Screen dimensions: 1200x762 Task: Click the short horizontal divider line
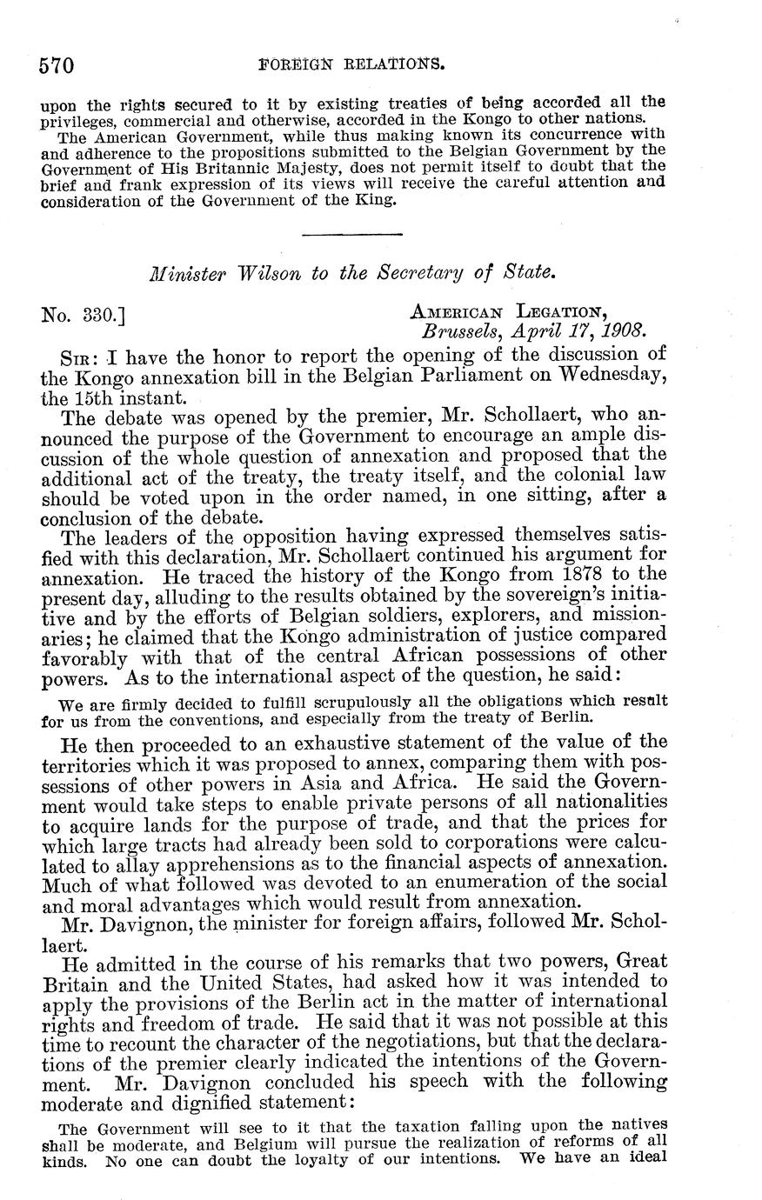(x=351, y=233)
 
